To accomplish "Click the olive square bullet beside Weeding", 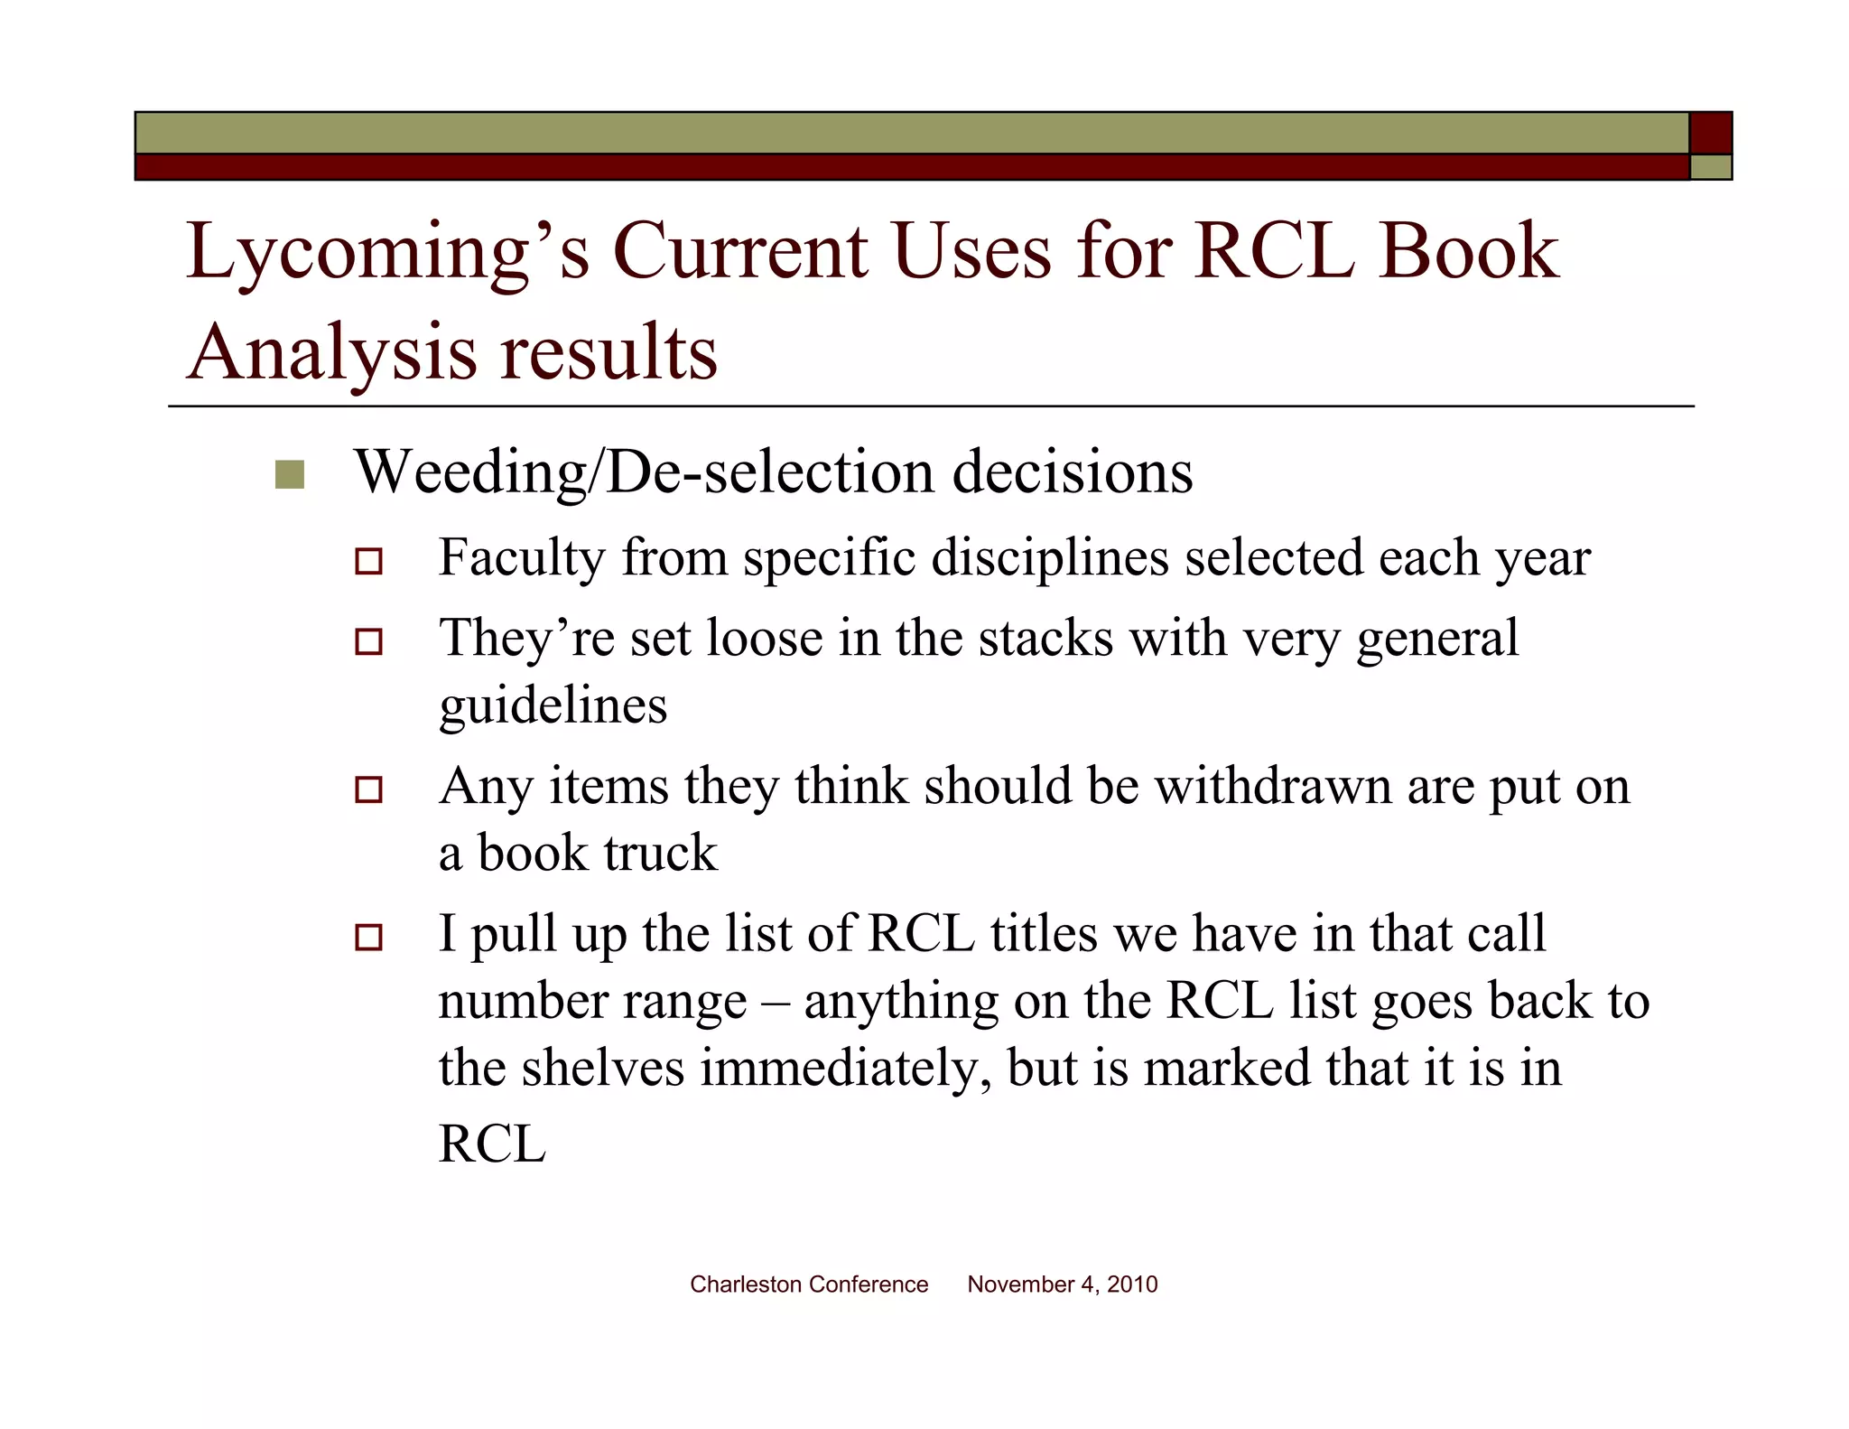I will tap(290, 474).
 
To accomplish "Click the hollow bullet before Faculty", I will tap(368, 561).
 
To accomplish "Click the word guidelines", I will tap(553, 705).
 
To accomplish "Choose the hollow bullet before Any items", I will tap(368, 790).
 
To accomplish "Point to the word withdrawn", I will tap(1273, 786).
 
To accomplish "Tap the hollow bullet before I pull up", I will tap(368, 938).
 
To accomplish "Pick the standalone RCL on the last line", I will tap(492, 1144).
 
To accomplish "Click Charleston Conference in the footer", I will tap(808, 1284).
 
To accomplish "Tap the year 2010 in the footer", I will tap(1132, 1284).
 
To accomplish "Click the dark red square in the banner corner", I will tap(1711, 134).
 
